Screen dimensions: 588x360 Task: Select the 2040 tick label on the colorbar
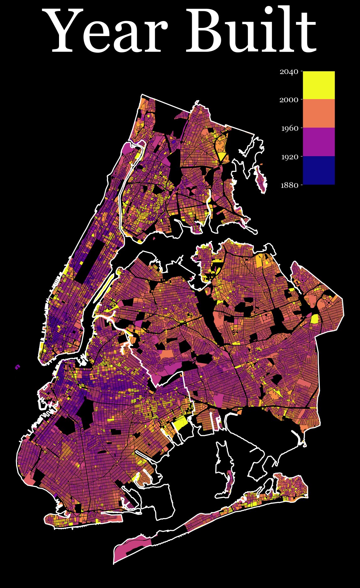click(289, 72)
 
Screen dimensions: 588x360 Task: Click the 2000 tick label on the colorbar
click(289, 100)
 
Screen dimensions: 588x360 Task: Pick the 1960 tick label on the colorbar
click(289, 128)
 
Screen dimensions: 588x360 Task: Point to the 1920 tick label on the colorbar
click(289, 157)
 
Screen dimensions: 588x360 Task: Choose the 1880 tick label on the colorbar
click(289, 185)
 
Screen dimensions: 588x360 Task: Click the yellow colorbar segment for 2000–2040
click(319, 85)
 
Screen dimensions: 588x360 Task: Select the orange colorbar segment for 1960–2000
click(319, 114)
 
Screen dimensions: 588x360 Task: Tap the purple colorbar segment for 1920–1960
click(319, 142)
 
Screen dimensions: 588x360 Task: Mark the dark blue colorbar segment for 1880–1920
click(319, 170)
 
